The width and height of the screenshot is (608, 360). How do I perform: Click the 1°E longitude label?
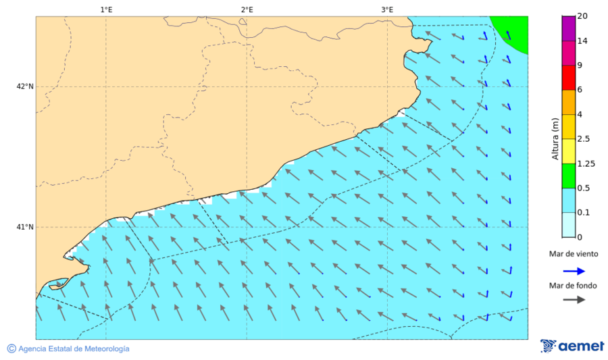[106, 9]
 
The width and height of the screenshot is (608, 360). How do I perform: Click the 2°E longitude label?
[247, 9]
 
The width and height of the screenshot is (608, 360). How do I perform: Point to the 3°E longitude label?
[387, 9]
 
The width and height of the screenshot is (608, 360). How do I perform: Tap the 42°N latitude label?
[25, 86]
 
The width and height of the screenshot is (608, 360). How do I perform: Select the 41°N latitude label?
[25, 227]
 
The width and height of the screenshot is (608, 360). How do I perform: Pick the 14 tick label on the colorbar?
[582, 41]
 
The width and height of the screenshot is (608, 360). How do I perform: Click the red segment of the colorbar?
[567, 78]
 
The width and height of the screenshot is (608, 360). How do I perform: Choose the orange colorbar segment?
[567, 102]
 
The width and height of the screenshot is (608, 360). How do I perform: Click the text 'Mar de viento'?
[574, 254]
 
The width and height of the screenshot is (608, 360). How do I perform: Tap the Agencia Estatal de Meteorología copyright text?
[68, 349]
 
